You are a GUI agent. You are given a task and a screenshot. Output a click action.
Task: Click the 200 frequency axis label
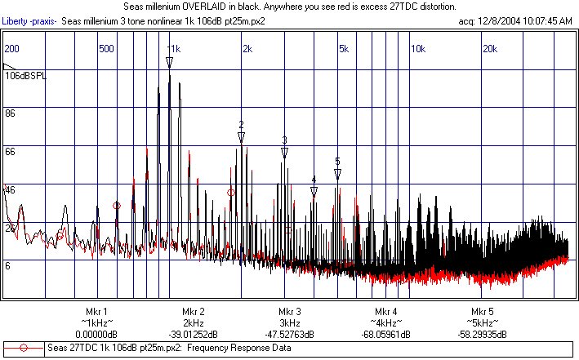coord(12,49)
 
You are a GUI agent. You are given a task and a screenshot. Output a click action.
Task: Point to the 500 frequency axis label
coord(105,49)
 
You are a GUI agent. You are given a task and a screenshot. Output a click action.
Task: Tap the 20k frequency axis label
coord(490,49)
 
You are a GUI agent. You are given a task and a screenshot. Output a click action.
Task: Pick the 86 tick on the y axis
coord(11,113)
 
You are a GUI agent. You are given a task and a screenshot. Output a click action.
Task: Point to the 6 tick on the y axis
coord(8,265)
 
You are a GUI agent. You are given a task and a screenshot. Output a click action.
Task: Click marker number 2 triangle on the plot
coord(242,137)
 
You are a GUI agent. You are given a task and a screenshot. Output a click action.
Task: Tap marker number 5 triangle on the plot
coord(337,173)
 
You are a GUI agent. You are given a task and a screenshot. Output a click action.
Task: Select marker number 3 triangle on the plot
coord(284,152)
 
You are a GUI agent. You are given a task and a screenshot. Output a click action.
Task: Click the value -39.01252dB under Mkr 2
coord(194,334)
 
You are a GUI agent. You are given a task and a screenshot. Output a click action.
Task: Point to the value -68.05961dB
coord(385,334)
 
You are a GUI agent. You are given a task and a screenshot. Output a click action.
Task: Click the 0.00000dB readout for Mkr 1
coord(96,334)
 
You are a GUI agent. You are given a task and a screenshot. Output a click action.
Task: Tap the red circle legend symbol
coord(24,348)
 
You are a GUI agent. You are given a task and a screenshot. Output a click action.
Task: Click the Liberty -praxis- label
coord(29,20)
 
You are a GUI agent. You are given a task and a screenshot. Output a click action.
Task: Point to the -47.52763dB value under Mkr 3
coord(290,334)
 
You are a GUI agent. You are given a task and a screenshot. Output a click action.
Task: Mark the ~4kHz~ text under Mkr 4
coord(385,323)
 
